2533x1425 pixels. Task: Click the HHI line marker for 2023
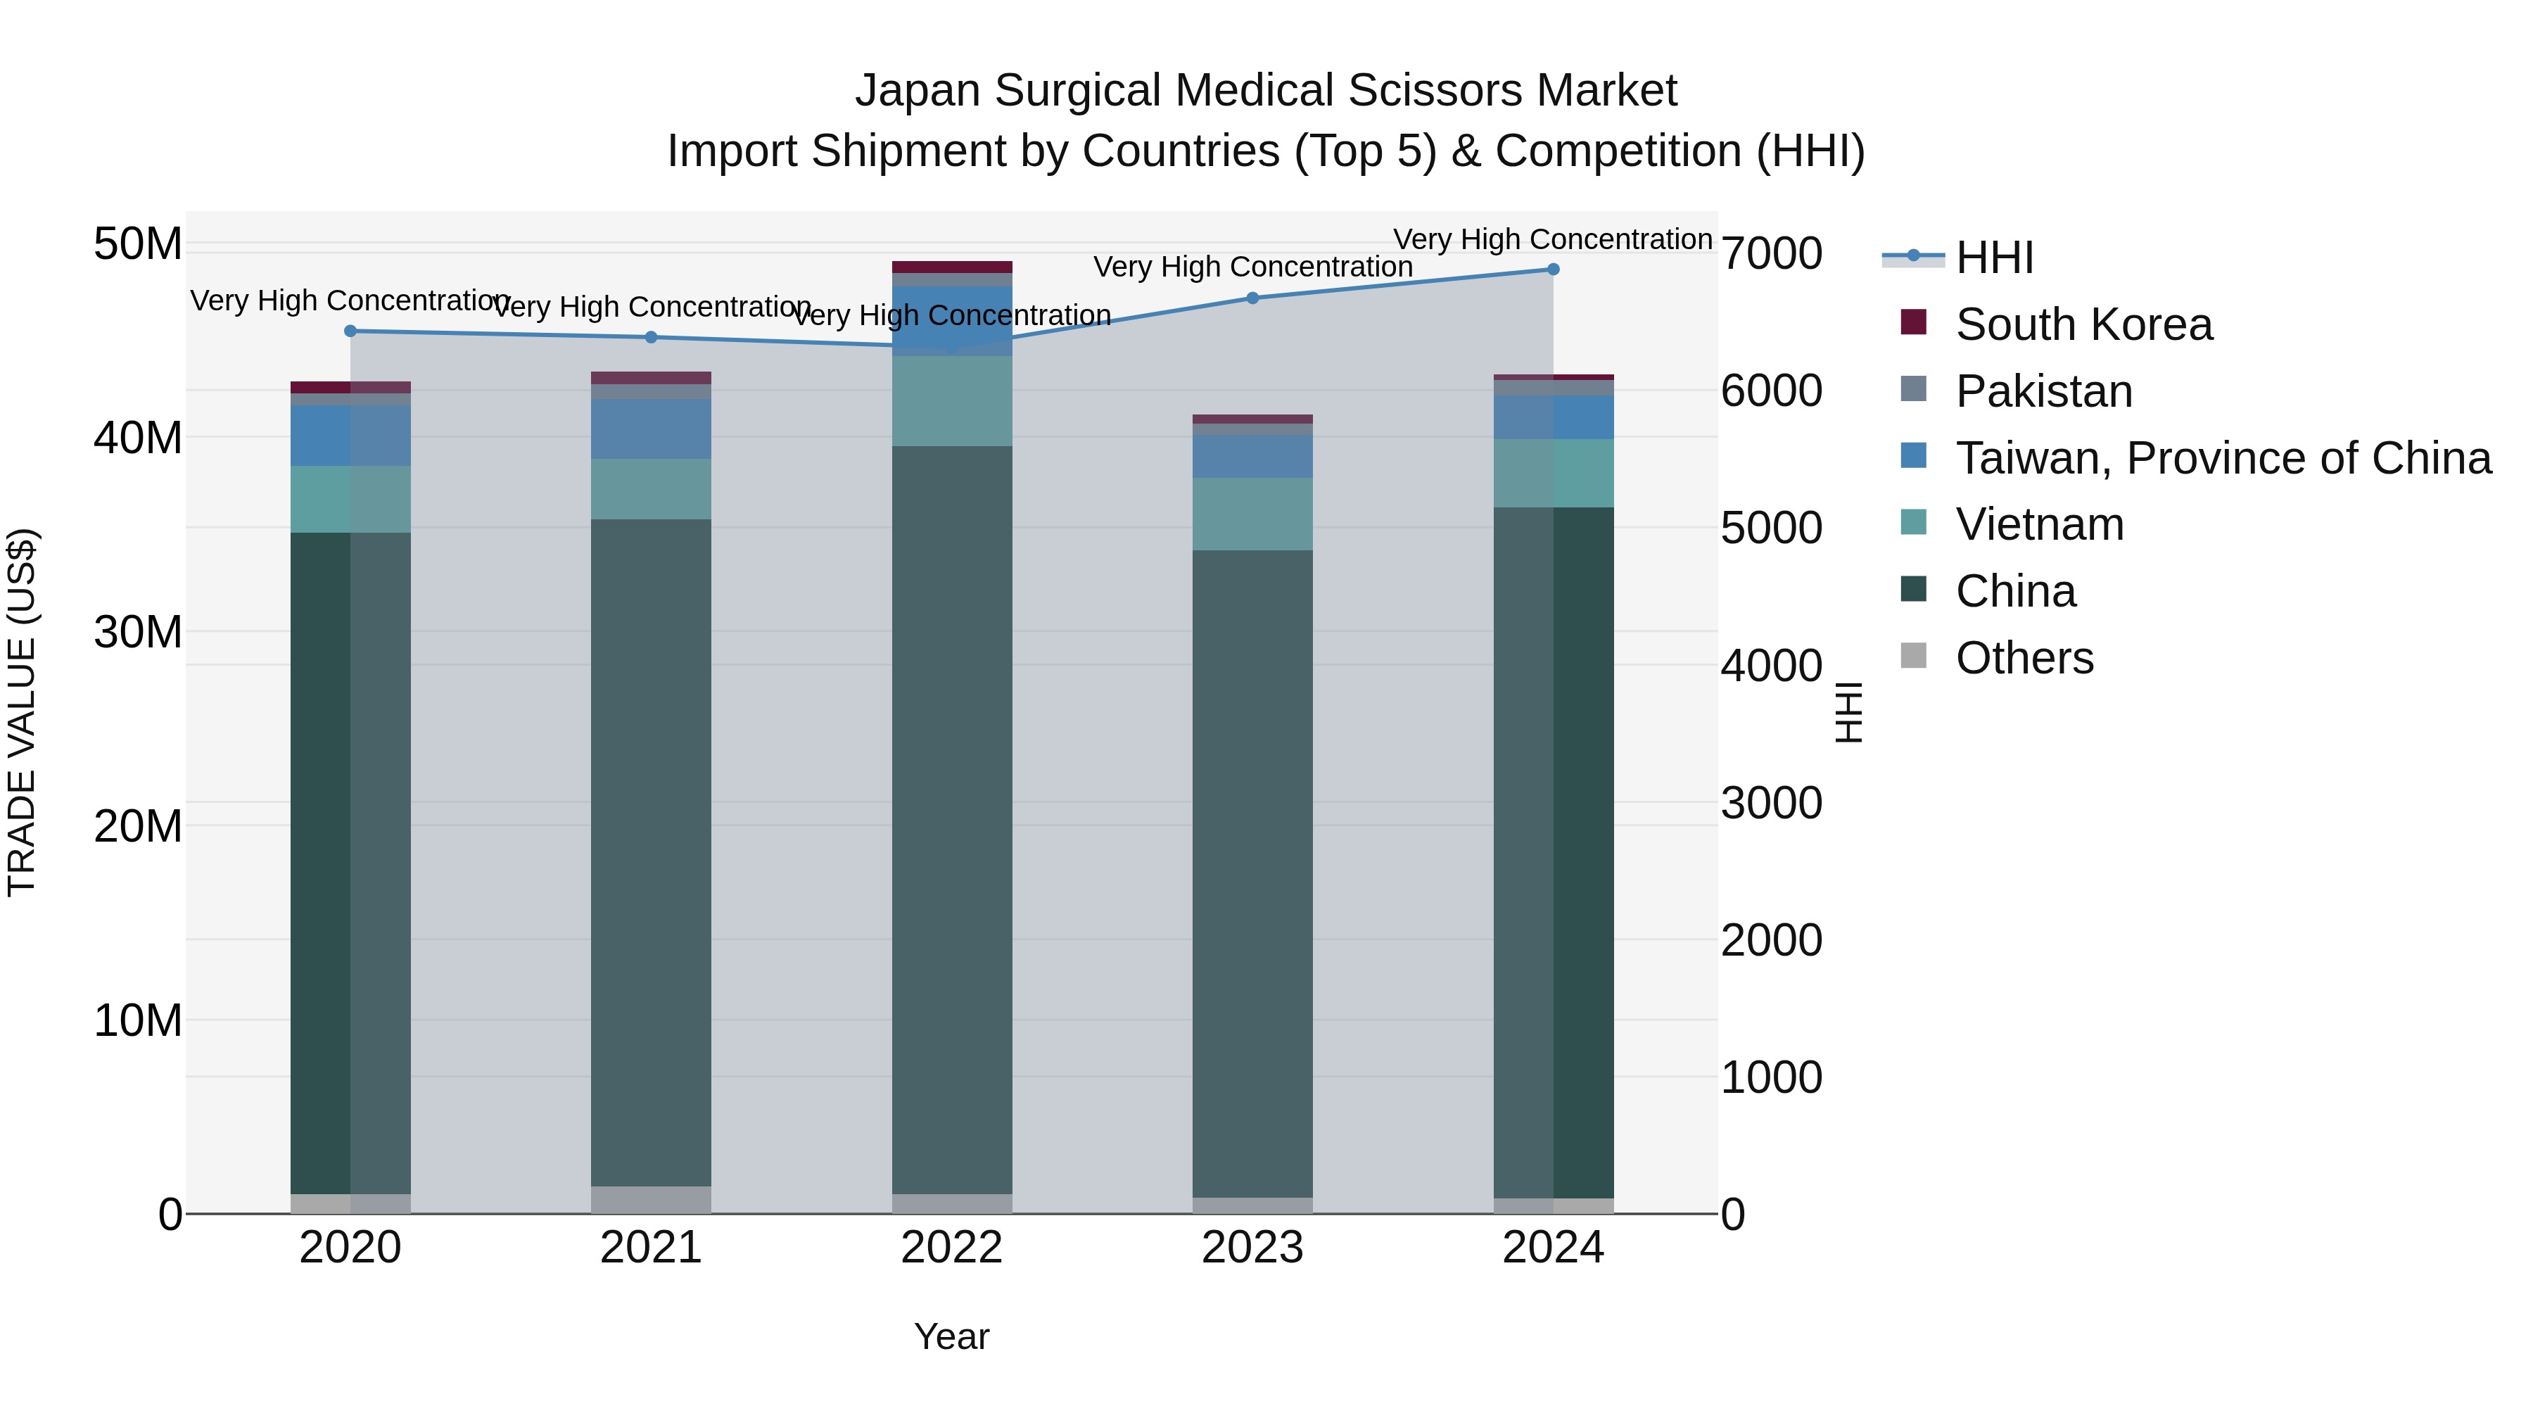coord(1252,298)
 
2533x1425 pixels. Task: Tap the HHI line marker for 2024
coord(1554,270)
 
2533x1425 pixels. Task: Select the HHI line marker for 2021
coord(651,337)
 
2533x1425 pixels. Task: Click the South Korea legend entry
coord(2083,324)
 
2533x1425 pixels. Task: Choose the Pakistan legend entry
coord(2043,391)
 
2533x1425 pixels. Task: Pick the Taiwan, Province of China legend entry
coord(2222,458)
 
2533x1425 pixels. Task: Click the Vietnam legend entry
coord(2039,524)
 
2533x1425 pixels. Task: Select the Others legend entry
coord(2024,658)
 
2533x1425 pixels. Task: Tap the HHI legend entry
coord(1994,258)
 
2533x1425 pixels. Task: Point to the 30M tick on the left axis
coord(138,631)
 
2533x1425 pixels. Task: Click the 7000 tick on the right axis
coord(1771,254)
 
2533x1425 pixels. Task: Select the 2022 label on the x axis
coord(952,1248)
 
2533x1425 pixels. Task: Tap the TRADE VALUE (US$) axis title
coord(22,712)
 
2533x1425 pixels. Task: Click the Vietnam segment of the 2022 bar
coord(952,401)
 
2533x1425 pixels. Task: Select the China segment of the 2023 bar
coord(1252,873)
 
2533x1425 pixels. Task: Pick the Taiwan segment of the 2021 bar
coord(651,429)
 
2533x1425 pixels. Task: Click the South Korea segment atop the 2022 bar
coord(952,267)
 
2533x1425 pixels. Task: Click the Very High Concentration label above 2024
coord(1553,239)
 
